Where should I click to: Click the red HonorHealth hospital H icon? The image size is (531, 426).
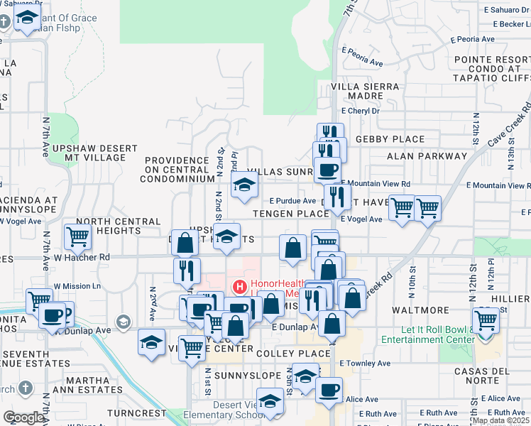[240, 288]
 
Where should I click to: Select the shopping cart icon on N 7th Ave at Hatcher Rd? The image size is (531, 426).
[77, 236]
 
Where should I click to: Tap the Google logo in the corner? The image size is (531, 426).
[23, 418]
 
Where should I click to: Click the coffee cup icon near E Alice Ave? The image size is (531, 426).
[329, 390]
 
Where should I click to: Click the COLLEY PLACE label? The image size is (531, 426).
[293, 354]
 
